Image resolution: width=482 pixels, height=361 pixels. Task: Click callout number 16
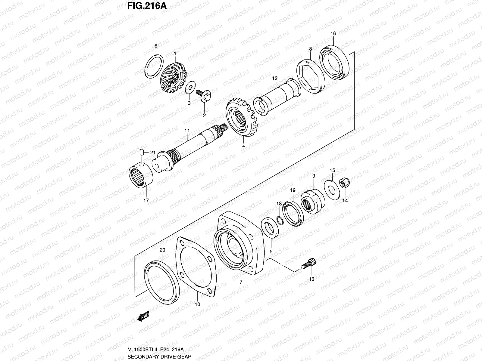click(333, 33)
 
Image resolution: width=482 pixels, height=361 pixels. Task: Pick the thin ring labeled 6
click(155, 65)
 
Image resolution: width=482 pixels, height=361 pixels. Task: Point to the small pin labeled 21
click(142, 153)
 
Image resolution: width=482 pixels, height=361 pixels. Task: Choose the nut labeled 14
click(344, 183)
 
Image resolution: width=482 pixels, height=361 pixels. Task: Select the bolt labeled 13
click(308, 265)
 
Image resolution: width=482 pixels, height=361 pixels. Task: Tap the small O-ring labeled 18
click(280, 221)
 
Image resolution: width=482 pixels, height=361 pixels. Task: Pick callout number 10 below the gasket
click(197, 304)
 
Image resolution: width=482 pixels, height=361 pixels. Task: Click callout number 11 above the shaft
click(187, 131)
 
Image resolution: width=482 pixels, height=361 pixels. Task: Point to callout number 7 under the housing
click(241, 282)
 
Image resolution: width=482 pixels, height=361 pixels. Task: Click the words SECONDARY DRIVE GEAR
click(160, 358)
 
